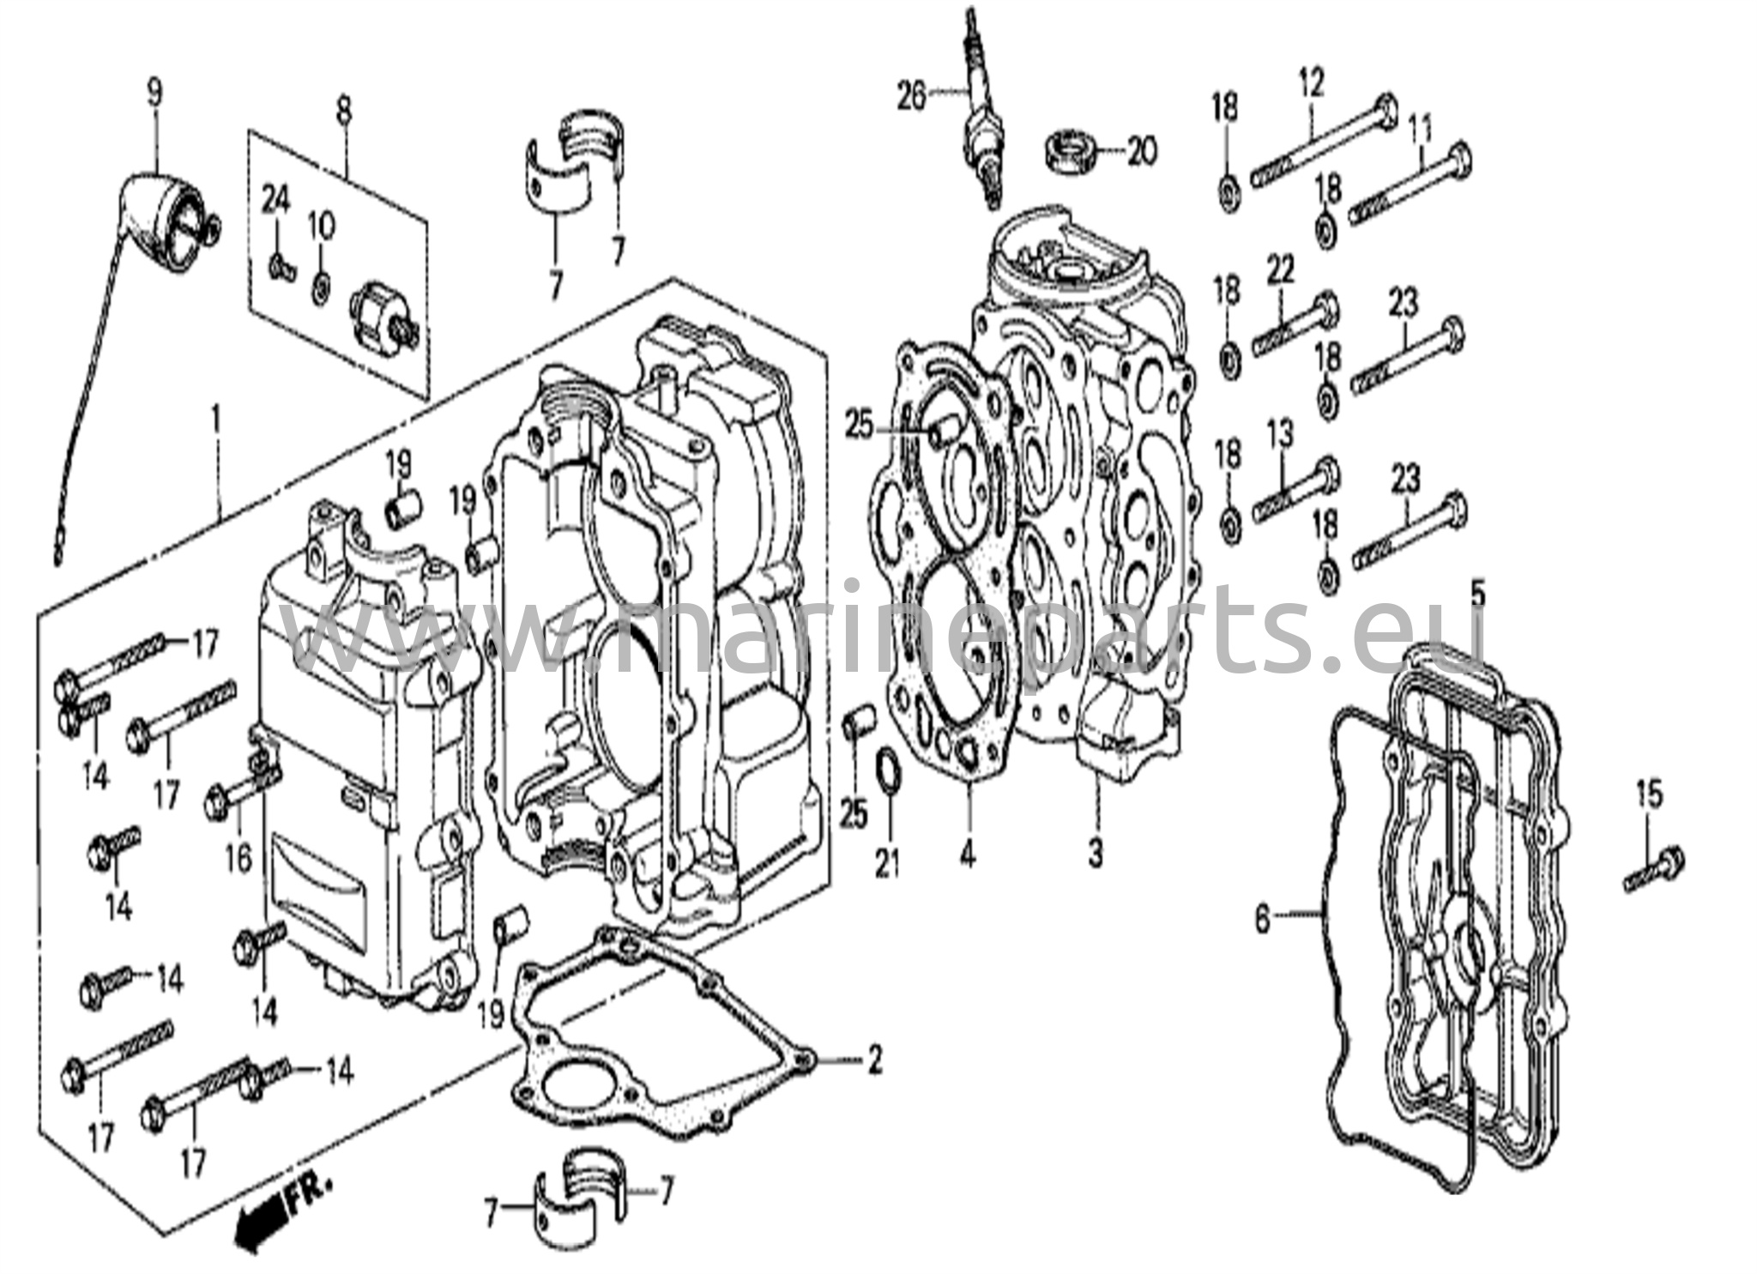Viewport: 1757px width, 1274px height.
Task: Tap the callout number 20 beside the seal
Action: [1142, 152]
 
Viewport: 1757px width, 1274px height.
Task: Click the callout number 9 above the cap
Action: [154, 93]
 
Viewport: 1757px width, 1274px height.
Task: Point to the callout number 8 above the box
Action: [343, 110]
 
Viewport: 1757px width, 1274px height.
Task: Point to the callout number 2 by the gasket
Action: [873, 1061]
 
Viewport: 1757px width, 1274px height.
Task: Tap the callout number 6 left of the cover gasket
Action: [1261, 921]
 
